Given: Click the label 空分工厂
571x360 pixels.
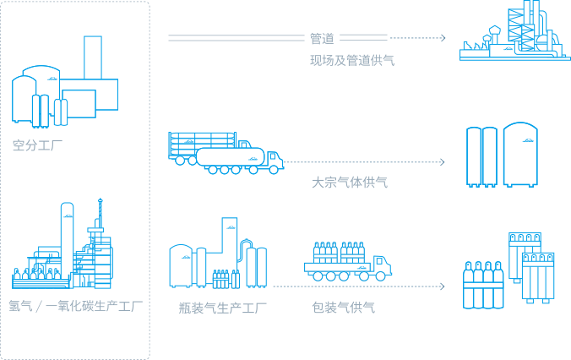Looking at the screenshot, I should [x=38, y=145].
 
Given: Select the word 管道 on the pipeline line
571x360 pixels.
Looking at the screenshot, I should [x=322, y=38].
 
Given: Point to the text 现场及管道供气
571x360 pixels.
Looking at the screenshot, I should [x=351, y=61].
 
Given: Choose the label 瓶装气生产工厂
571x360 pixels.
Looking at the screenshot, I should [x=223, y=308].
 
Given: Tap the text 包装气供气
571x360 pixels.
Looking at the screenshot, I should [x=344, y=308].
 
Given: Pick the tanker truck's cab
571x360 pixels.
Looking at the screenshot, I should [x=272, y=161].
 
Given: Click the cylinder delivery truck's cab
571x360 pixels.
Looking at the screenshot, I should [x=382, y=266].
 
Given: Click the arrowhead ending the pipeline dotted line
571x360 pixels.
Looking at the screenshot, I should [x=443, y=38].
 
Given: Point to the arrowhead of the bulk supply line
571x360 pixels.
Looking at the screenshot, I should [x=443, y=161].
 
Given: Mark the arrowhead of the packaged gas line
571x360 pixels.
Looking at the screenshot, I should [x=443, y=286].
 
